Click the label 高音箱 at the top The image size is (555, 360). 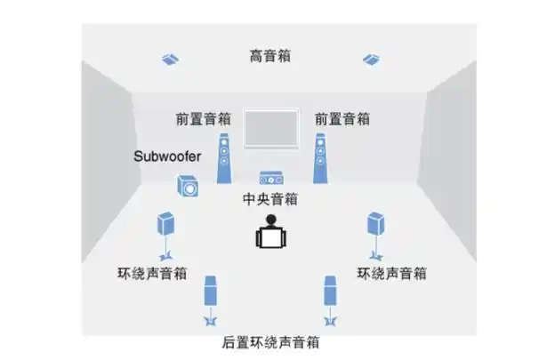[x=270, y=56]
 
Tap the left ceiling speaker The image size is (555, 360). [x=172, y=60]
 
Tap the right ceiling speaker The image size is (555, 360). [x=372, y=60]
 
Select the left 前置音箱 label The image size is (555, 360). [x=205, y=118]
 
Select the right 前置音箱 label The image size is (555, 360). [x=342, y=118]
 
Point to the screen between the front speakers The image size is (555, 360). [x=270, y=129]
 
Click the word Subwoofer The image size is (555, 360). [x=168, y=156]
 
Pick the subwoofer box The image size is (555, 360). [x=188, y=188]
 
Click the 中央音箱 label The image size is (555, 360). [x=270, y=199]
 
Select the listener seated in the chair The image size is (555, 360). [x=270, y=233]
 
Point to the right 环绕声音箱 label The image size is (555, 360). [x=390, y=273]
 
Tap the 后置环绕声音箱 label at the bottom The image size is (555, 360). [x=270, y=342]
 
